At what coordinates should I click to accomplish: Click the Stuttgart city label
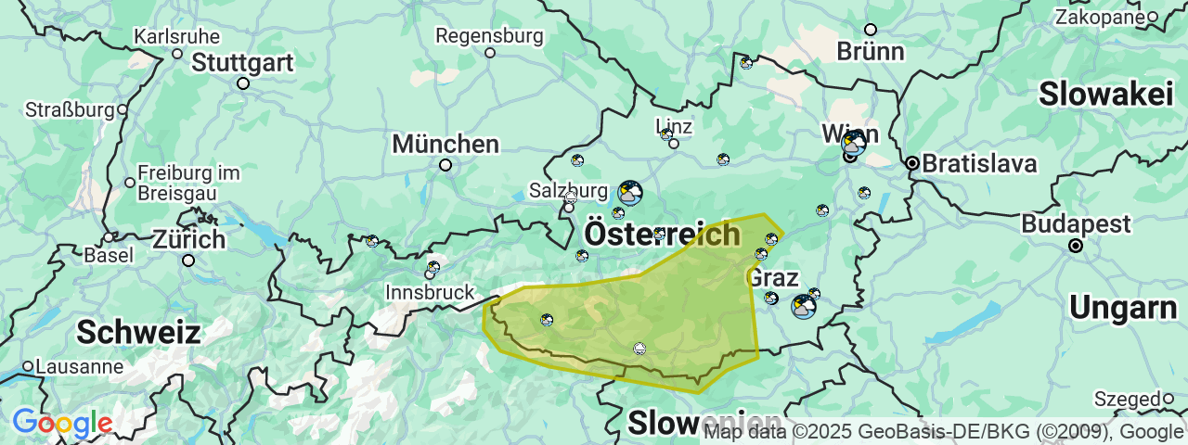(242, 63)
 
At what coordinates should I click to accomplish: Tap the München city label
(445, 145)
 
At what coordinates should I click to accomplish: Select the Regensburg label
(489, 36)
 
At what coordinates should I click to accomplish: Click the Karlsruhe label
(177, 37)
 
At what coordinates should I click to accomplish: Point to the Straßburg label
(69, 109)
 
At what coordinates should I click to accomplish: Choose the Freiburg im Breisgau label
(188, 183)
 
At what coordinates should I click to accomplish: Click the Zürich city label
(188, 239)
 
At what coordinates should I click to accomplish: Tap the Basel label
(108, 254)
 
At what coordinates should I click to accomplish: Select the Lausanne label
(80, 366)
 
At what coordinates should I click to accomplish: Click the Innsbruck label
(430, 292)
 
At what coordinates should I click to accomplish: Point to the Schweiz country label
(138, 332)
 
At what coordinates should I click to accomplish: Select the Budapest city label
(1076, 224)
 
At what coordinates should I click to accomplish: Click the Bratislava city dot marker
(912, 163)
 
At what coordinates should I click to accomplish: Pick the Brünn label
(870, 51)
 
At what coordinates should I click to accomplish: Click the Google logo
(62, 424)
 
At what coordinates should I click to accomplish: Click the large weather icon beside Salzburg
(630, 193)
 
